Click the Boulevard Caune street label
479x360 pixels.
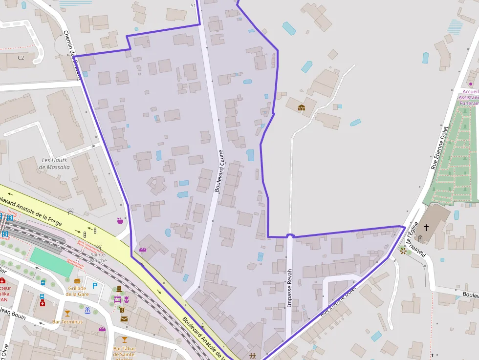pos(218,170)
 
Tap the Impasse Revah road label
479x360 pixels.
pos(289,288)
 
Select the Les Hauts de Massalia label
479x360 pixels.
pos(54,164)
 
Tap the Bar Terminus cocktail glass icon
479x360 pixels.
pos(67,314)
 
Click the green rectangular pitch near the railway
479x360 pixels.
pos(51,261)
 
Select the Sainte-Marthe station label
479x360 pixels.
pos(98,257)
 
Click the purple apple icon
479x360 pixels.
pos(120,221)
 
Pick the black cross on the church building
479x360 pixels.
pos(426,228)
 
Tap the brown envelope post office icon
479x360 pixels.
pos(124,319)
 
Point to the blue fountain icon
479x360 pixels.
pos(87,310)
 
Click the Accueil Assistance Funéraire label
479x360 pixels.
pos(469,97)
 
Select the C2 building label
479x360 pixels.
pos(21,58)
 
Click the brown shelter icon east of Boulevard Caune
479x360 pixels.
pos(302,107)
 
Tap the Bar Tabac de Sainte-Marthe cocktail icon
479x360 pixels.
pos(124,339)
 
